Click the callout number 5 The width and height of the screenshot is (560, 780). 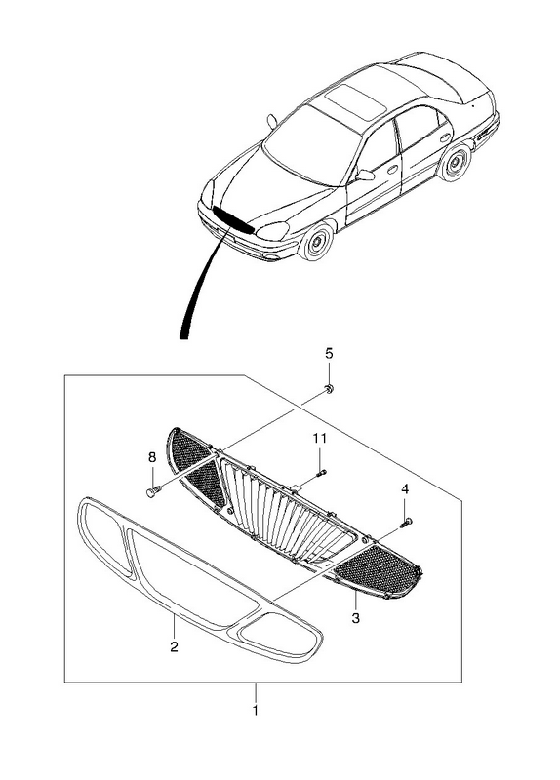tap(329, 354)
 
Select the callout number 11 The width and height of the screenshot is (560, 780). tap(320, 438)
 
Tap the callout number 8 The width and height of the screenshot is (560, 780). tap(152, 456)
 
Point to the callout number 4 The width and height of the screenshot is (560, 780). tap(405, 489)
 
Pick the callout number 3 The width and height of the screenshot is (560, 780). tap(355, 618)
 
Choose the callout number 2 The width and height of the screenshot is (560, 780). tap(174, 646)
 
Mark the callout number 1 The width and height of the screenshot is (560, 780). tap(256, 711)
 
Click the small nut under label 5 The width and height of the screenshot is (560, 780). tap(329, 389)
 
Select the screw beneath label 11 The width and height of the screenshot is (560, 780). tap(322, 472)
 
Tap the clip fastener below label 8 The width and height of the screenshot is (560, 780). tap(152, 492)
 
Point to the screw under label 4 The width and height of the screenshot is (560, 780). tap(406, 523)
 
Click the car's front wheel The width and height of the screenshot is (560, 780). tap(316, 242)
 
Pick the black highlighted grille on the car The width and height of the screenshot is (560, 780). tap(232, 220)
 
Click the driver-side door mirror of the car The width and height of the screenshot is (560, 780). tap(365, 175)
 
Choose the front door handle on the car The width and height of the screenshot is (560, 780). tap(393, 170)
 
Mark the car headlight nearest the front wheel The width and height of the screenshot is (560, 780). tap(272, 231)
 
